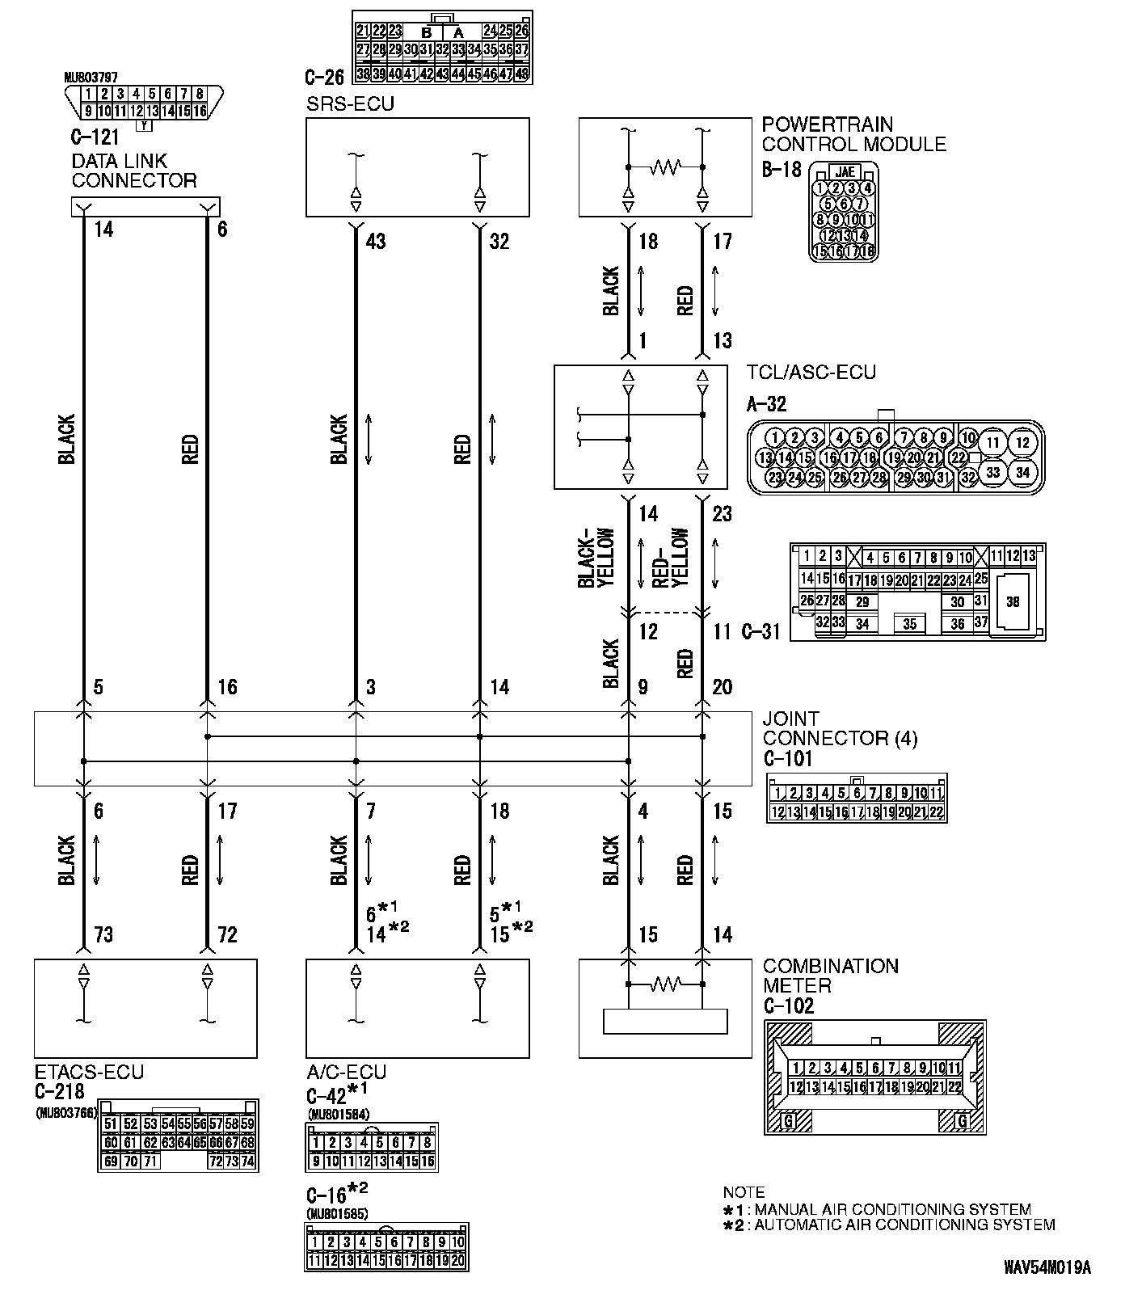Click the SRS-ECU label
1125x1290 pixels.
click(x=350, y=104)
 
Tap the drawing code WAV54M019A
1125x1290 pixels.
click(x=1047, y=1266)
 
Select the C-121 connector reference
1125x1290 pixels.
click(x=95, y=137)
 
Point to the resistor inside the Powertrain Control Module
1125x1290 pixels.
click(x=666, y=167)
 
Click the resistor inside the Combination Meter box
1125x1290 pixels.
click(x=666, y=984)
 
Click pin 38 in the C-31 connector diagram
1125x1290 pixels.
click(x=1013, y=602)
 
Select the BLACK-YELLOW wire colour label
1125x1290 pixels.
click(x=596, y=559)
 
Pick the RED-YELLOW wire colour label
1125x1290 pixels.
click(x=670, y=559)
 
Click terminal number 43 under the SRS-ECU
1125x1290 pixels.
click(x=375, y=242)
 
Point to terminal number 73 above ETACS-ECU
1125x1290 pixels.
click(x=103, y=935)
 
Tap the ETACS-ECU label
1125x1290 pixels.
click(x=89, y=1072)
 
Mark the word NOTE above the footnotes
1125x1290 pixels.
click(x=744, y=1192)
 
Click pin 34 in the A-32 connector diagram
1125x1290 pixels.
click(x=1022, y=472)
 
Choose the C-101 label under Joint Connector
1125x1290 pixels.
click(x=787, y=759)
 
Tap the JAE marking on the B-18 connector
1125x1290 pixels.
click(x=845, y=171)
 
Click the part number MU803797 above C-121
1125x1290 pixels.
click(x=91, y=78)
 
